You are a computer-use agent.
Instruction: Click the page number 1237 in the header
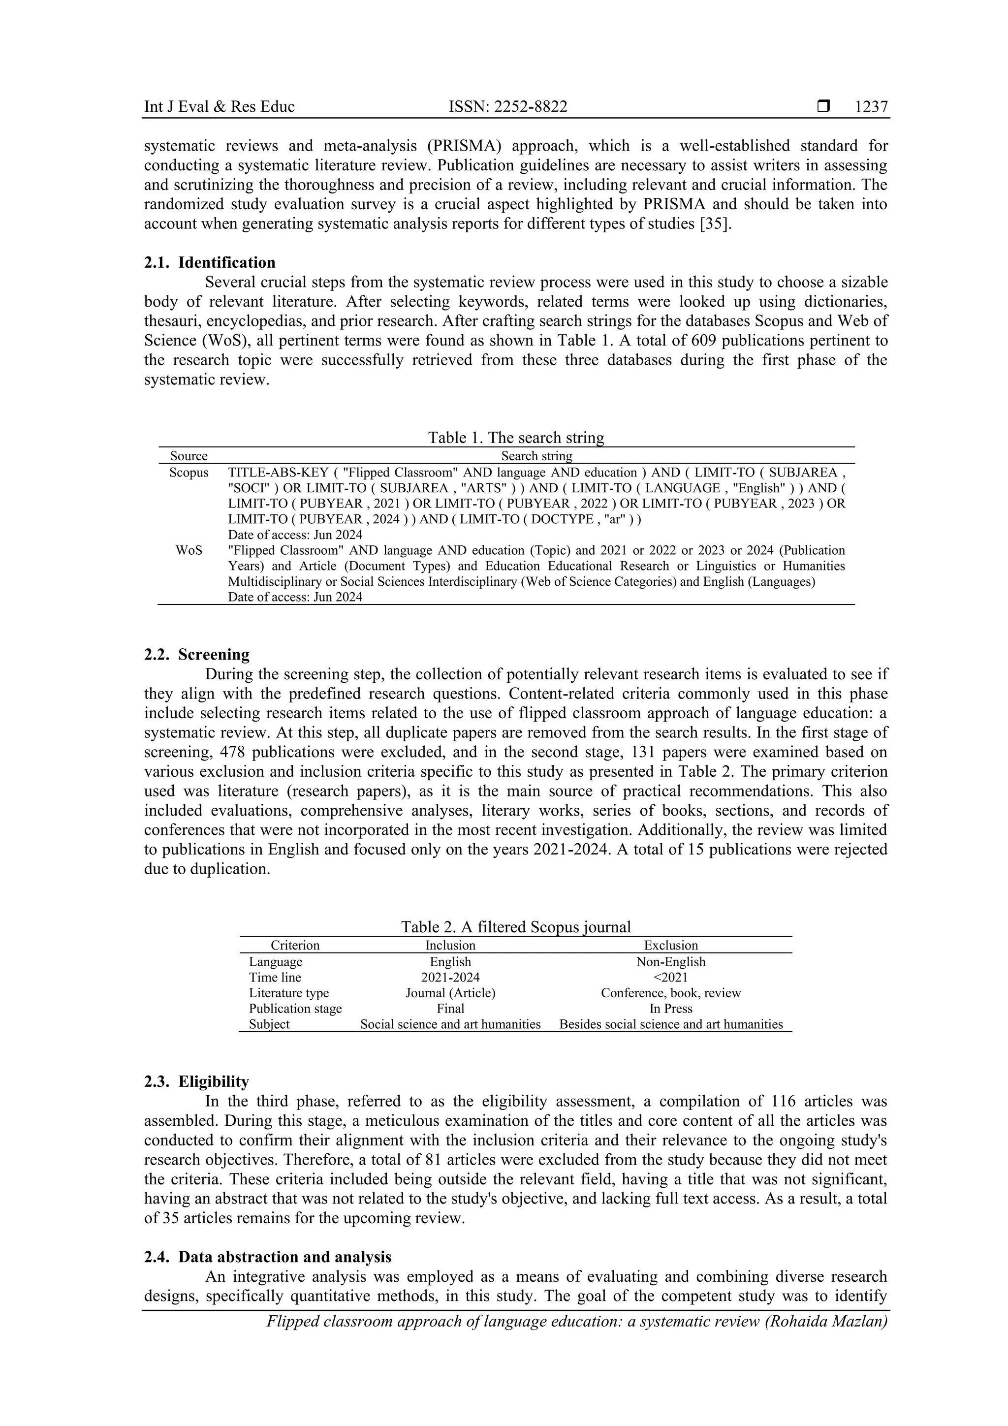[x=871, y=107]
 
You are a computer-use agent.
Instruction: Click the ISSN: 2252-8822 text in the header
[x=507, y=107]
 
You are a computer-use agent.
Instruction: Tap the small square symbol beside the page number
[x=823, y=106]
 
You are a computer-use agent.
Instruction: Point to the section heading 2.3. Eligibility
[x=196, y=1081]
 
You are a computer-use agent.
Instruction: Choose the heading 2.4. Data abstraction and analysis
[x=267, y=1257]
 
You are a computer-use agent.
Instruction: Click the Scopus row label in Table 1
[x=189, y=473]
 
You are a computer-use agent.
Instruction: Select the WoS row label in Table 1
[x=189, y=550]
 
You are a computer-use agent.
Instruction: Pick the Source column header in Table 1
[x=189, y=456]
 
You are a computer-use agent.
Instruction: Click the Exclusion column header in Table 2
[x=671, y=945]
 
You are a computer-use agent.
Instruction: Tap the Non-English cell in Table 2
[x=671, y=961]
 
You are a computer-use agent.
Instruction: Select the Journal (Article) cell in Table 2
[x=450, y=992]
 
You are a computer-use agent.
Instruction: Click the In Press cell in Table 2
[x=671, y=1009]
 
